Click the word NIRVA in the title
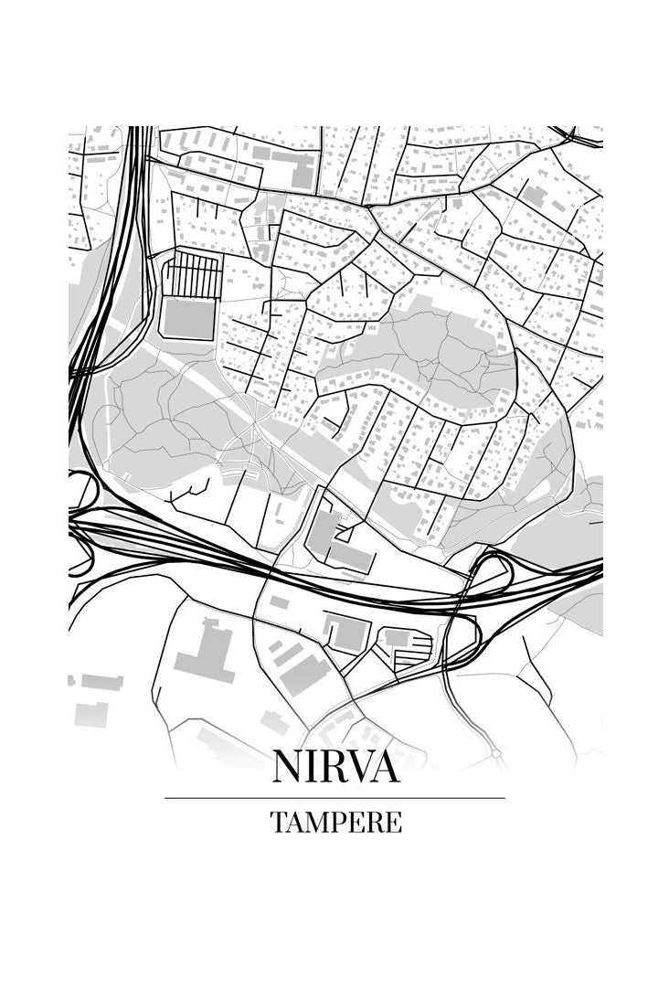tap(335, 767)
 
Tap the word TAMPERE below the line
tap(335, 822)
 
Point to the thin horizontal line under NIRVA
tap(334, 798)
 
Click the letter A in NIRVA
tap(385, 767)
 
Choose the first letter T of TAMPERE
tap(278, 822)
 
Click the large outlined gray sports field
tap(189, 317)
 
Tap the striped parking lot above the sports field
tap(194, 273)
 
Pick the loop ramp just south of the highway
tap(463, 636)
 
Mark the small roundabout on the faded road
tap(494, 754)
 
